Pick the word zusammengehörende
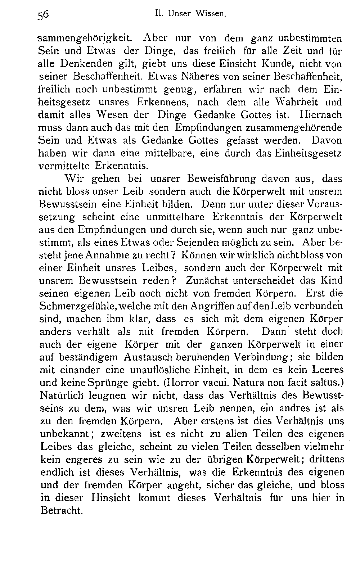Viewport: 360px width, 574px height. point(293,128)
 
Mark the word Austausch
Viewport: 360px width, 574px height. point(149,357)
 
